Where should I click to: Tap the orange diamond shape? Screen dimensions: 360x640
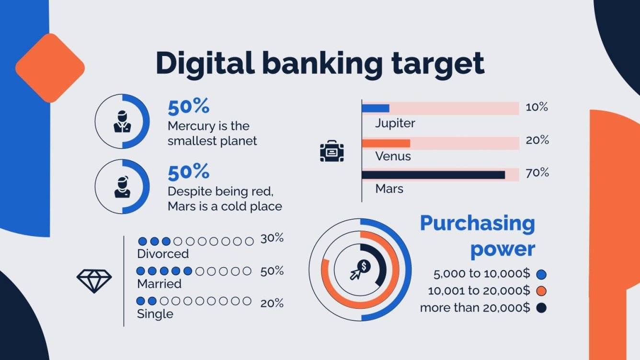(x=50, y=68)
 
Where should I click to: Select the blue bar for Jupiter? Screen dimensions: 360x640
(x=376, y=109)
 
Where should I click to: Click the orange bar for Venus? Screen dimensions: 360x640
(x=386, y=143)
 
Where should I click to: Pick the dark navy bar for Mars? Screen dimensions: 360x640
(x=433, y=175)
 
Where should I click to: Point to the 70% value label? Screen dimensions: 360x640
(x=537, y=173)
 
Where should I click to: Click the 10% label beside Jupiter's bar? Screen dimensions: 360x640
(x=537, y=107)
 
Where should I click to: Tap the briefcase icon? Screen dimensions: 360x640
(x=332, y=151)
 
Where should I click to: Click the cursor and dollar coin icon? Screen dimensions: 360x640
(x=360, y=270)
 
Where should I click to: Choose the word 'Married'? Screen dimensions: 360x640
(x=159, y=284)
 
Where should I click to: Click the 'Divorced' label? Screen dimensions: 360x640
(x=163, y=253)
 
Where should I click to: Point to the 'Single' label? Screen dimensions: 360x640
(x=155, y=314)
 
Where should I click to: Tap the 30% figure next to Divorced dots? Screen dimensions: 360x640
(x=272, y=238)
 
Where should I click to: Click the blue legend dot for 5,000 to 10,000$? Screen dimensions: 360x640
(x=541, y=275)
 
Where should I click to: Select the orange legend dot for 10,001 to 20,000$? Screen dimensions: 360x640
(x=541, y=291)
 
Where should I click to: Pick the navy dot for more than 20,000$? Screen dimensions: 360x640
(x=541, y=308)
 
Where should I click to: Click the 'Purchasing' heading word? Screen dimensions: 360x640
(x=478, y=224)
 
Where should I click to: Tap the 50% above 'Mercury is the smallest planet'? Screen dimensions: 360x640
(x=188, y=107)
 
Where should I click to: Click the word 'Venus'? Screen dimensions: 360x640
(x=393, y=156)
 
